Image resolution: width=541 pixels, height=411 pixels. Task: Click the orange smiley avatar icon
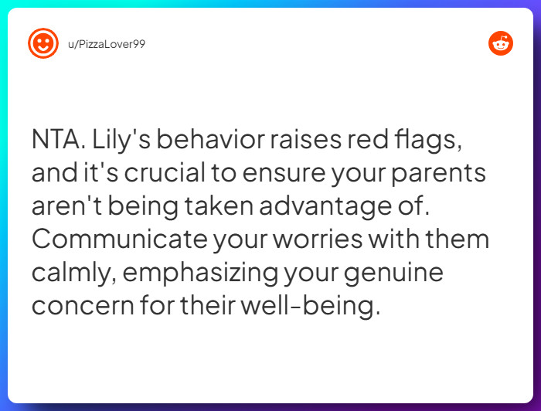click(x=43, y=43)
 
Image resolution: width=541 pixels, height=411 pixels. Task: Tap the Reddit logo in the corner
click(x=501, y=43)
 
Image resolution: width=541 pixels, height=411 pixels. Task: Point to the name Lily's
click(x=116, y=141)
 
